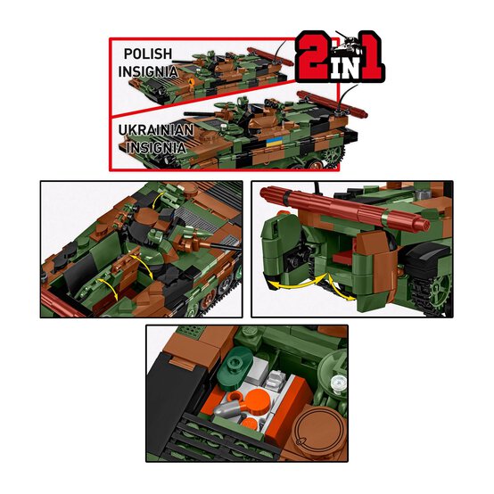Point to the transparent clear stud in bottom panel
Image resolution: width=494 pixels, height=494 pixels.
click(x=337, y=384)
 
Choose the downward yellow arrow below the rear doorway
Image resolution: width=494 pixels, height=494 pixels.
click(x=337, y=287)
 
